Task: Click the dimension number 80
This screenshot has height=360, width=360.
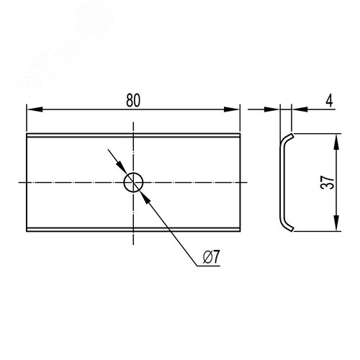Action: point(133,100)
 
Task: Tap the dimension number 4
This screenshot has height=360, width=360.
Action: point(330,100)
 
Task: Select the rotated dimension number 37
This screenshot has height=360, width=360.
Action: point(328,182)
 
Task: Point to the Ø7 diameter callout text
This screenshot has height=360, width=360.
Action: point(211,257)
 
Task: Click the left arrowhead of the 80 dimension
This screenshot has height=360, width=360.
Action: point(35,109)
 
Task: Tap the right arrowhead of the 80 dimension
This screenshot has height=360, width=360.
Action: point(232,109)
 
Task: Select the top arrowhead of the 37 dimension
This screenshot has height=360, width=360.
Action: point(336,142)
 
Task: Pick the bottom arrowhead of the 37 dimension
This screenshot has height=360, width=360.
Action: point(336,223)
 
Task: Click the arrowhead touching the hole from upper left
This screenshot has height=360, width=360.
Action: point(122,167)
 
